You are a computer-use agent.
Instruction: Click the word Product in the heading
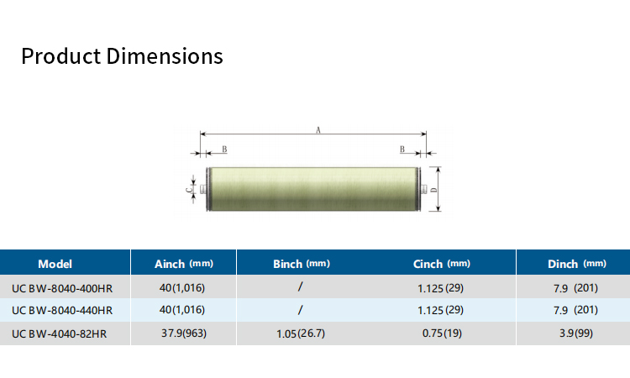[60, 55]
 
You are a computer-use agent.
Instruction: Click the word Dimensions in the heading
[165, 55]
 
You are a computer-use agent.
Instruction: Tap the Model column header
[55, 264]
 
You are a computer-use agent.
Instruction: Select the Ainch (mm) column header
[184, 264]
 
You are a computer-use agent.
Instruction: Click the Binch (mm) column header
[302, 264]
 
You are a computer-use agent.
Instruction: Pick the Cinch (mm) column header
[442, 264]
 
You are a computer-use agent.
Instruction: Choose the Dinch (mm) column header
[577, 264]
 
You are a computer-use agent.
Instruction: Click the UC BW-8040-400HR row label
[62, 288]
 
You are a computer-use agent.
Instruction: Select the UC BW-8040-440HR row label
[62, 311]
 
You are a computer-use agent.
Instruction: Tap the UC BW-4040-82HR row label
[60, 333]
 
